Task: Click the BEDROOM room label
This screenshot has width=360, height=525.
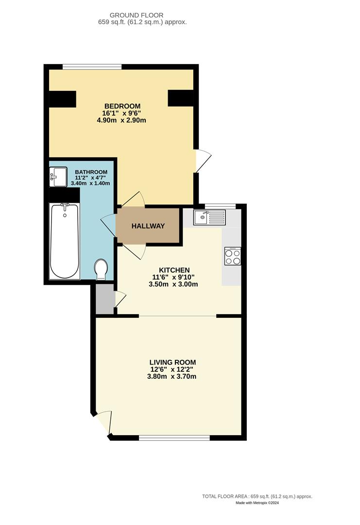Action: pyautogui.click(x=122, y=106)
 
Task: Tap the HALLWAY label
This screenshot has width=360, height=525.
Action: pyautogui.click(x=148, y=226)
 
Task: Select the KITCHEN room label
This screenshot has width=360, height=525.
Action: pyautogui.click(x=174, y=270)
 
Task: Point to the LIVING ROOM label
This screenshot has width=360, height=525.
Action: pyautogui.click(x=172, y=362)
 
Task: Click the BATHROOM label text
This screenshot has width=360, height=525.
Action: pyautogui.click(x=91, y=172)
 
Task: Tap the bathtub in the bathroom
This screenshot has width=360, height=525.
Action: pyautogui.click(x=64, y=241)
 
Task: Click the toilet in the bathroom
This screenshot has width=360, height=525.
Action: pyautogui.click(x=102, y=269)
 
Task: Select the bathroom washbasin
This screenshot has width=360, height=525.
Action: pyautogui.click(x=58, y=177)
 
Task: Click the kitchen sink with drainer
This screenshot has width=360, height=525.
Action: pyautogui.click(x=209, y=217)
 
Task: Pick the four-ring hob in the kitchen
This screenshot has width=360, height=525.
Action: pyautogui.click(x=233, y=256)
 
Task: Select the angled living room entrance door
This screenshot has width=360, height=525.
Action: pyautogui.click(x=104, y=422)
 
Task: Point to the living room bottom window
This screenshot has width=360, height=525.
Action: pyautogui.click(x=174, y=438)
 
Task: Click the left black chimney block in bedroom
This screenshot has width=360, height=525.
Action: pyautogui.click(x=63, y=99)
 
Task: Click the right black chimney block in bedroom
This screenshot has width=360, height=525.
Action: pyautogui.click(x=181, y=98)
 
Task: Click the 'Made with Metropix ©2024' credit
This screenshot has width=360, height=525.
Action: pyautogui.click(x=257, y=503)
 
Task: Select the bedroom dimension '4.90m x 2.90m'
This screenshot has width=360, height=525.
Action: pyautogui.click(x=121, y=120)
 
